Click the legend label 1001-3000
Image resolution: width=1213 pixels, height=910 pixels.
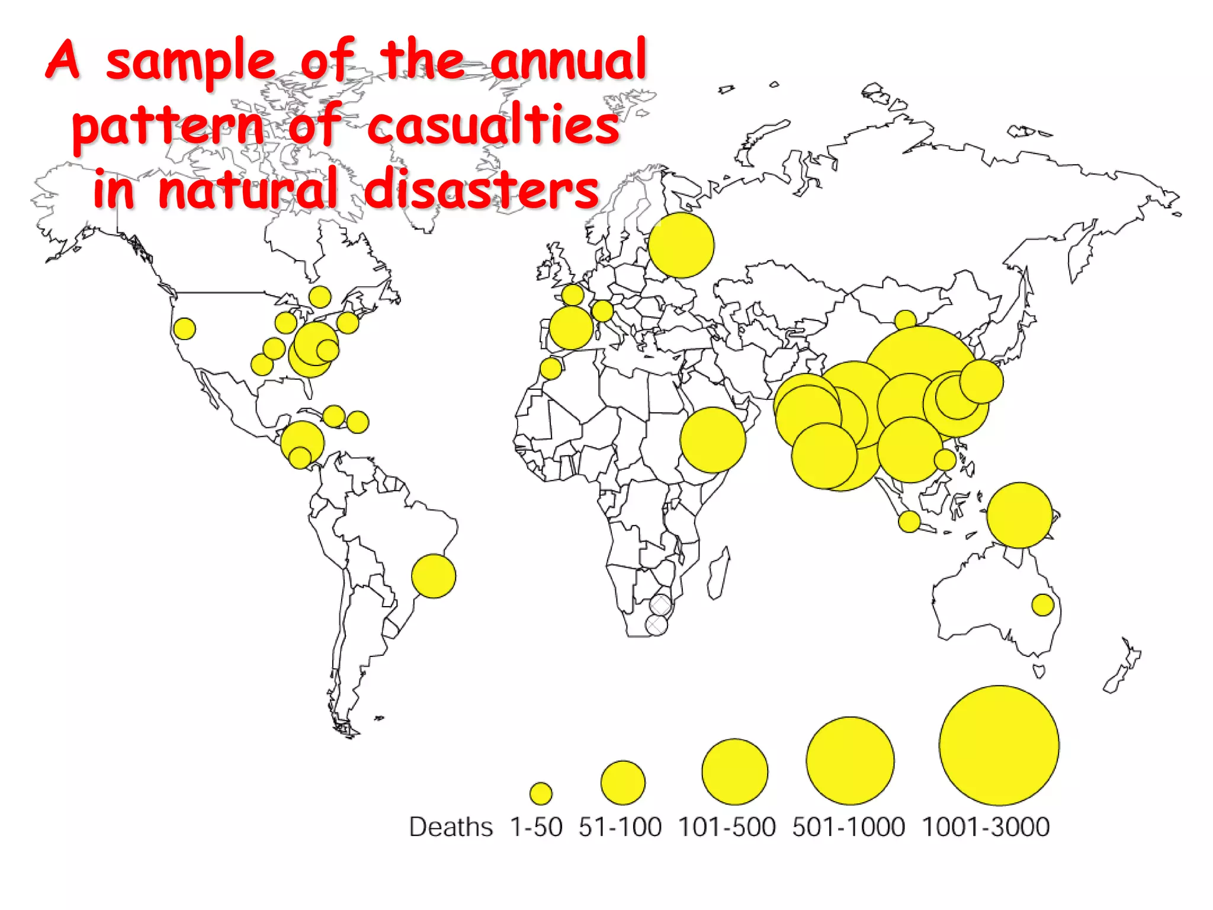click(x=986, y=827)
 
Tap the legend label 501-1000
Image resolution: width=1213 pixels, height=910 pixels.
click(x=848, y=827)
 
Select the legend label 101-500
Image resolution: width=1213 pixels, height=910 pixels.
click(x=726, y=827)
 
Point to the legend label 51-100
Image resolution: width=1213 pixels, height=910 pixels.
click(x=620, y=827)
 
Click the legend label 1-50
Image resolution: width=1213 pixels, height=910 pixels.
click(x=536, y=827)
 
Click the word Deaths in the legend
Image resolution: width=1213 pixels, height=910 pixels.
click(x=451, y=827)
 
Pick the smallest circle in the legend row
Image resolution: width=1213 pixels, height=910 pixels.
click(x=541, y=793)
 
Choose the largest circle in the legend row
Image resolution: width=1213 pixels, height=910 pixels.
click(x=999, y=745)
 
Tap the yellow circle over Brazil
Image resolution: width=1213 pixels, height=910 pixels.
click(x=434, y=576)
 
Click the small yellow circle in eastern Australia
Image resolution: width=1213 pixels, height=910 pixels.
click(x=1042, y=605)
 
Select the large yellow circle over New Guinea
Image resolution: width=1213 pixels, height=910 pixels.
click(x=1019, y=515)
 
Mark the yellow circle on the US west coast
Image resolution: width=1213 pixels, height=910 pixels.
click(x=184, y=328)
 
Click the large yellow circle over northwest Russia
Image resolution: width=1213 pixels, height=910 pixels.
click(x=681, y=245)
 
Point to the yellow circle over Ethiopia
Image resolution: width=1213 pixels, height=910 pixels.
click(x=713, y=440)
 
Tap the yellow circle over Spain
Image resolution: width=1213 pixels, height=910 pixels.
click(x=571, y=328)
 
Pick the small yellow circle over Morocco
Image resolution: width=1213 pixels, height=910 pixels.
click(x=551, y=369)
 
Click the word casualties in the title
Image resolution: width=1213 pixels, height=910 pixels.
click(x=493, y=124)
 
